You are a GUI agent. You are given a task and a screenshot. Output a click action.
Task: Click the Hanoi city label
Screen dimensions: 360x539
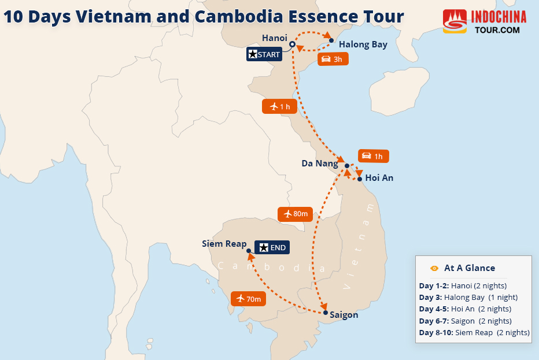coord(274,38)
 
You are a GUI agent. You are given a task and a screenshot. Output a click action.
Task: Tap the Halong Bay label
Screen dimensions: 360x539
coord(363,44)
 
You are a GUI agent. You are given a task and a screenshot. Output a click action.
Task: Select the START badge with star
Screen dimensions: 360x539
coord(264,55)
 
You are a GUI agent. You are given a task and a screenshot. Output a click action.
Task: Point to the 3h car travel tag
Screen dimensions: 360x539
coord(333,59)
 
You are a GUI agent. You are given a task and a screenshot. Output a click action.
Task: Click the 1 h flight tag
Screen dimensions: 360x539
coord(279,106)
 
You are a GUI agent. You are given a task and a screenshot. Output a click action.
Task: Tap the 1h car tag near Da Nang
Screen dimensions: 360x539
coord(374,156)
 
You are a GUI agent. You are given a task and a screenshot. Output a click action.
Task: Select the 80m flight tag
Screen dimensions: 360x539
coord(295,214)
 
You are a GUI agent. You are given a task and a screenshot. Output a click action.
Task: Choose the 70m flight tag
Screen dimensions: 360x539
coord(248,299)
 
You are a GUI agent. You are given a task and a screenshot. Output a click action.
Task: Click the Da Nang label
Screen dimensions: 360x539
coord(319,164)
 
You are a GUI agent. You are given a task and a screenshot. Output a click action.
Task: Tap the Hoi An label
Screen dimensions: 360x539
coord(379,178)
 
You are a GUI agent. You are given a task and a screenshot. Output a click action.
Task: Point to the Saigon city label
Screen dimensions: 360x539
coord(344,315)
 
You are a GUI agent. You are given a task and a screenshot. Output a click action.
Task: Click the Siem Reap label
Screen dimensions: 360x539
coord(224,244)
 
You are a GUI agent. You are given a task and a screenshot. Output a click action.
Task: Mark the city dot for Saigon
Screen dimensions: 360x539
coord(326,312)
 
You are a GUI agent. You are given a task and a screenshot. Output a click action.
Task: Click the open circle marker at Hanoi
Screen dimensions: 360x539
coord(292,44)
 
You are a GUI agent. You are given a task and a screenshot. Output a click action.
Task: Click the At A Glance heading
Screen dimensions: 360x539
coord(469,268)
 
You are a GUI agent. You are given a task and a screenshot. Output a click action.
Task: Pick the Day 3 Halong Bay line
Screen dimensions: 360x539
coord(468,298)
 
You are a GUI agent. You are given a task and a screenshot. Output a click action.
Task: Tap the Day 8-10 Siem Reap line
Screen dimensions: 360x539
coord(474,332)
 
